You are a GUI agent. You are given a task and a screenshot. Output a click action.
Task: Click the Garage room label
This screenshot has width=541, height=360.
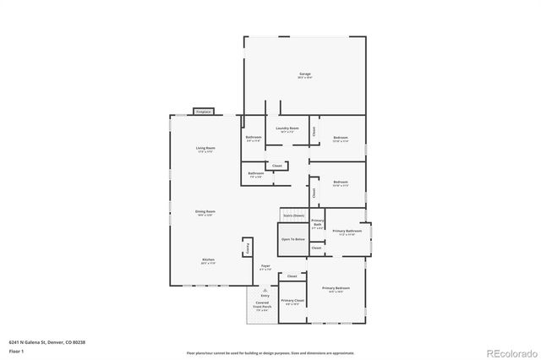pos(305,75)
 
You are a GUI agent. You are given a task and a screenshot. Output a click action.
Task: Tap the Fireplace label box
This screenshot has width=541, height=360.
pos(203,112)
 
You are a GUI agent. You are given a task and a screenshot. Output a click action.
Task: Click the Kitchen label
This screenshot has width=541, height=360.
pos(207,261)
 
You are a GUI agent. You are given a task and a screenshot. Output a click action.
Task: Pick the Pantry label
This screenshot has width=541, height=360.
pos(248,248)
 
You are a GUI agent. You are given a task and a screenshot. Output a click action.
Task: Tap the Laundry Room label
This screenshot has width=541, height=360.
pos(286,129)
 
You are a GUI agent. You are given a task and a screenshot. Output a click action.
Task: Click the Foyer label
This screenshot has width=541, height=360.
pos(265,268)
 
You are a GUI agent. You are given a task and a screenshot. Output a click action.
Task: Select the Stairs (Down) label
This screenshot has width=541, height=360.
pos(293,216)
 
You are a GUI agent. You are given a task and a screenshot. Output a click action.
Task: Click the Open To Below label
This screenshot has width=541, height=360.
pos(293,239)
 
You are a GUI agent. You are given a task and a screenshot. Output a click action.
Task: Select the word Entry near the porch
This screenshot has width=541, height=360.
pos(265,295)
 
